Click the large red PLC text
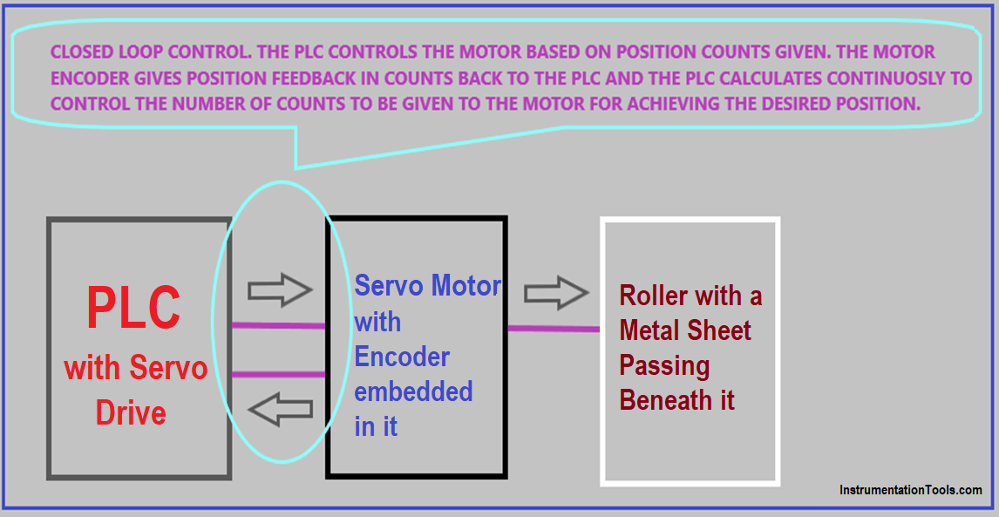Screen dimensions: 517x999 point(134,308)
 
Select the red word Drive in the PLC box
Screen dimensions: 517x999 point(131,412)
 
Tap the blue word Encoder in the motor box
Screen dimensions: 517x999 point(402,357)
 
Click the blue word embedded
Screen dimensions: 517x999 point(413,391)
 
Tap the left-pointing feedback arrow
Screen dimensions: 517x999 point(281,408)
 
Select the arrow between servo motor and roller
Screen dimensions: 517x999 point(556,293)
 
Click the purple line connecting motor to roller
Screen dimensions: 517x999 point(554,329)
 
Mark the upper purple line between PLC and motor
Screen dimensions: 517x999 point(278,326)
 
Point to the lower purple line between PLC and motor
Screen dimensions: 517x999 point(278,374)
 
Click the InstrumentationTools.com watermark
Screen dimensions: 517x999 point(910,490)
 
